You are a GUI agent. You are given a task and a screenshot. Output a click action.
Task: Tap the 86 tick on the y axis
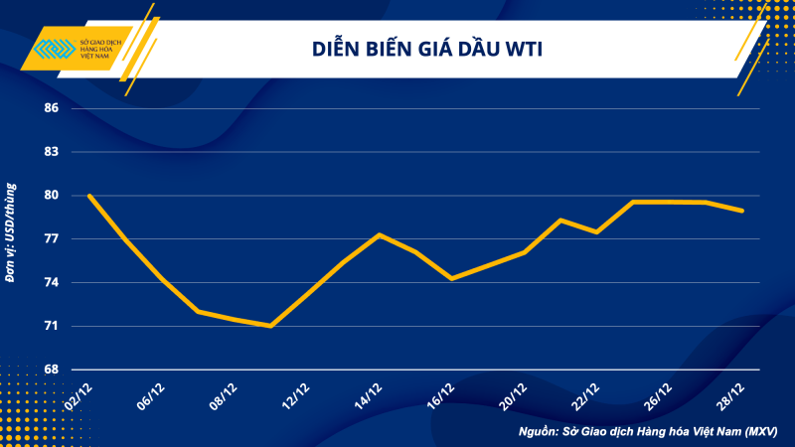51,108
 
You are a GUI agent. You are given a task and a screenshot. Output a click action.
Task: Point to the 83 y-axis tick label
51,152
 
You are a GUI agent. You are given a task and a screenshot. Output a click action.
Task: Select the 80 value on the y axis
51,196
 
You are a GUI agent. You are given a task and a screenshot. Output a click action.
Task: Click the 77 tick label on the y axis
51,239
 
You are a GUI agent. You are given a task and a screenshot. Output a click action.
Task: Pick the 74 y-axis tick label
51,283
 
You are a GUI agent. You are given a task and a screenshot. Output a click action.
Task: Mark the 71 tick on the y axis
51,326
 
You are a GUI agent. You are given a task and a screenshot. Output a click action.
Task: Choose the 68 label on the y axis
51,370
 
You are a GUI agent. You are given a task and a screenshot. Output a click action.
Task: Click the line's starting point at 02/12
90,196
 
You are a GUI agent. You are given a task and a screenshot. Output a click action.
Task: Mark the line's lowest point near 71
270,326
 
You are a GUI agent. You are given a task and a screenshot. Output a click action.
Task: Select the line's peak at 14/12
380,234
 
